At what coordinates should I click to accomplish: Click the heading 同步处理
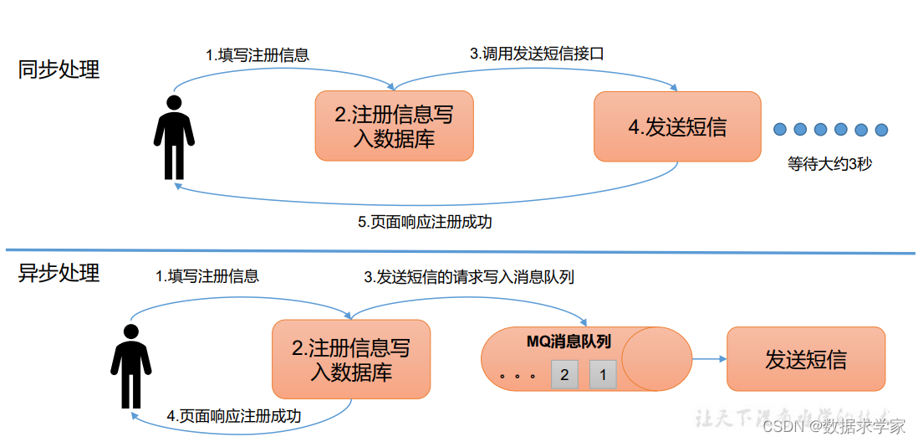click(x=59, y=69)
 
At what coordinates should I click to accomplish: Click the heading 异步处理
click(x=59, y=273)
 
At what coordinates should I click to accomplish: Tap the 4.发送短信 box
click(x=677, y=126)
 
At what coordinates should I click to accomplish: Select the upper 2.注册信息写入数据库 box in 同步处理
click(x=394, y=126)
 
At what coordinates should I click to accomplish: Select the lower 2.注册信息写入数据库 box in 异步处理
click(x=350, y=359)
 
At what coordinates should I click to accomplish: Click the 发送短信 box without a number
click(x=805, y=359)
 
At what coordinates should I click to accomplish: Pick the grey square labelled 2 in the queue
click(x=564, y=374)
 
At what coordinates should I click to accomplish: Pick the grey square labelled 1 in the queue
click(x=603, y=374)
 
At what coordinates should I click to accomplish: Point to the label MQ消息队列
click(x=569, y=342)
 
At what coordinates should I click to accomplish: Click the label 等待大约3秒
click(x=829, y=164)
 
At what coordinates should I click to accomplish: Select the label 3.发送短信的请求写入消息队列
click(x=468, y=276)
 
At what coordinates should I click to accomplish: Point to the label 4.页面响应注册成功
click(x=234, y=415)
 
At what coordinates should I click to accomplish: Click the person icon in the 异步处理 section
click(x=131, y=365)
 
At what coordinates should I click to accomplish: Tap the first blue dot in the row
click(x=780, y=130)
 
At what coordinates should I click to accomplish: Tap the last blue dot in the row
click(x=880, y=130)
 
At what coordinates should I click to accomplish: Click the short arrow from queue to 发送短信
click(x=709, y=359)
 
